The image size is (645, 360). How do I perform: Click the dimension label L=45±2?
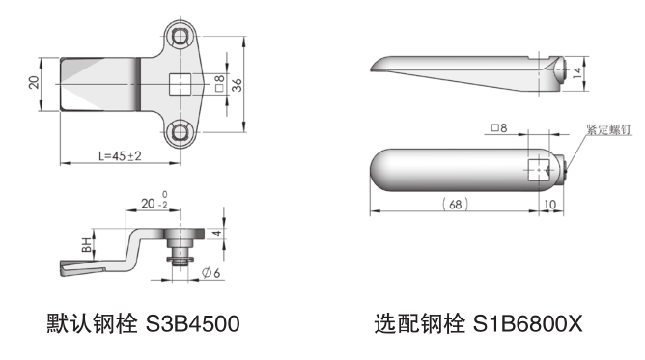[x=120, y=156]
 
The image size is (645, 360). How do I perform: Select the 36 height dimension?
[x=238, y=85]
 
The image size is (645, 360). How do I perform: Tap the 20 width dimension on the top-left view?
[x=34, y=82]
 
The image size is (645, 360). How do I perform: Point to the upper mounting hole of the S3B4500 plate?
[x=180, y=37]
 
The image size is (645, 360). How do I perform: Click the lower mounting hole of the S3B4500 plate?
[x=180, y=132]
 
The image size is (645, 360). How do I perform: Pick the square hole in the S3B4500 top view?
[x=181, y=84]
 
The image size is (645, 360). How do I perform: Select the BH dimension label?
[x=86, y=245]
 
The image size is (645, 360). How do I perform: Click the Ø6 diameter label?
[x=211, y=273]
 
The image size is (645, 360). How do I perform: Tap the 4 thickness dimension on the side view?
[x=217, y=234]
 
